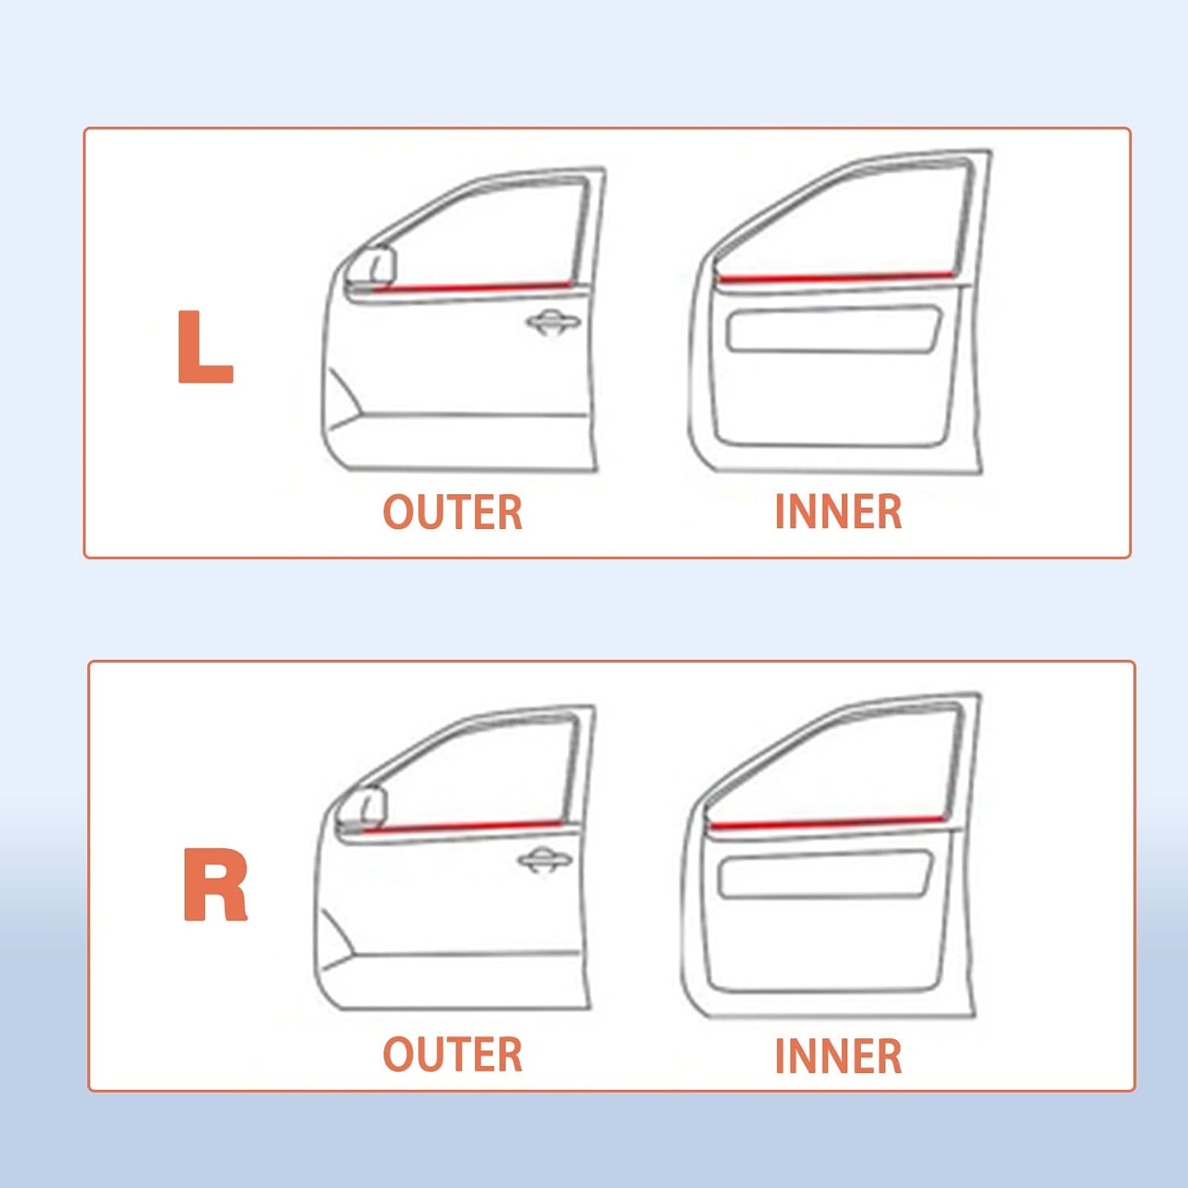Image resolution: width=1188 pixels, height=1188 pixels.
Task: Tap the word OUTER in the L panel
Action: [453, 512]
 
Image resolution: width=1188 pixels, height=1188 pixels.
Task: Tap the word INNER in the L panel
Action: [839, 512]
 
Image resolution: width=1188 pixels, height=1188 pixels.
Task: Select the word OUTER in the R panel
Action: [453, 1055]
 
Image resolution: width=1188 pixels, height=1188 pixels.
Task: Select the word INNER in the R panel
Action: [839, 1057]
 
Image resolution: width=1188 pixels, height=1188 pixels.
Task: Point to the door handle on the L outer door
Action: [554, 322]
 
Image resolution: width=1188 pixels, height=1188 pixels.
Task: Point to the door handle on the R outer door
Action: [544, 861]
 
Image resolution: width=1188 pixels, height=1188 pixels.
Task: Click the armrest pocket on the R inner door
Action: [824, 874]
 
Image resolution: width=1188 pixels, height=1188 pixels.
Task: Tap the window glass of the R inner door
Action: [855, 768]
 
